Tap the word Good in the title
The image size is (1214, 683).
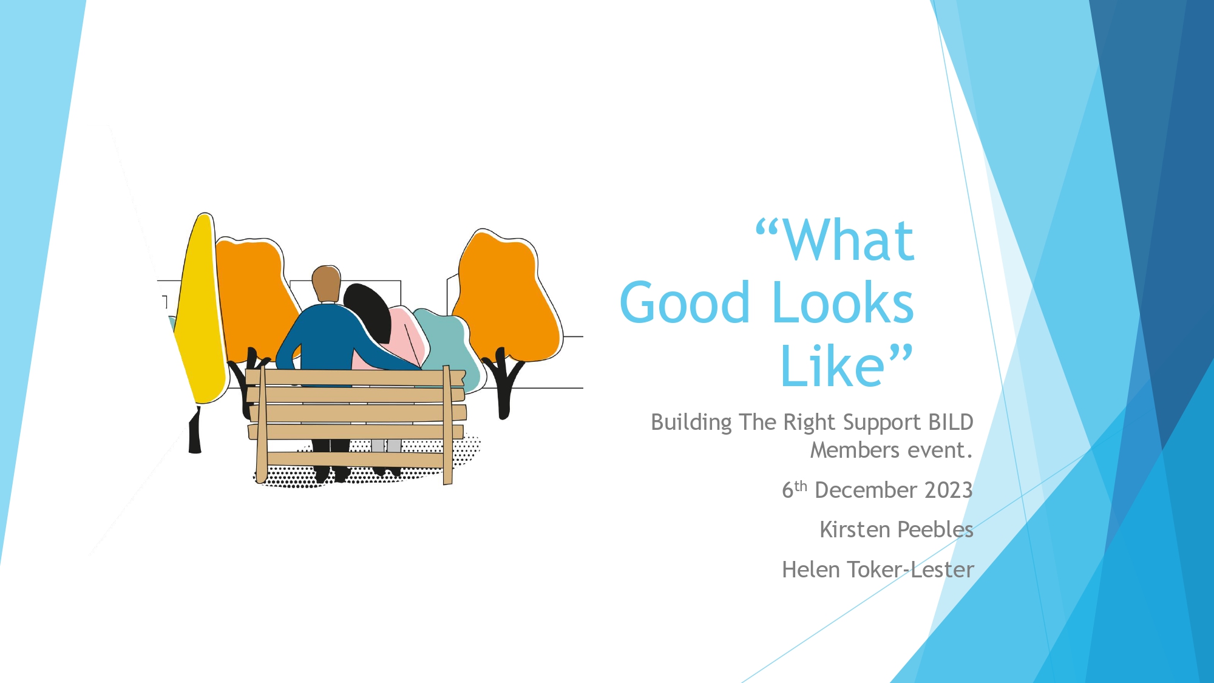click(x=685, y=302)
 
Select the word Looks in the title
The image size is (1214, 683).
click(x=843, y=302)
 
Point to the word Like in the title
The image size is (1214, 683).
click(x=832, y=365)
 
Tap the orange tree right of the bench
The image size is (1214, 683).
click(x=507, y=297)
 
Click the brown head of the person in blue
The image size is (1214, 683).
click(x=327, y=284)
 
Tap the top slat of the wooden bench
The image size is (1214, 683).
click(x=355, y=378)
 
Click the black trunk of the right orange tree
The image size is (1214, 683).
click(x=503, y=382)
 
